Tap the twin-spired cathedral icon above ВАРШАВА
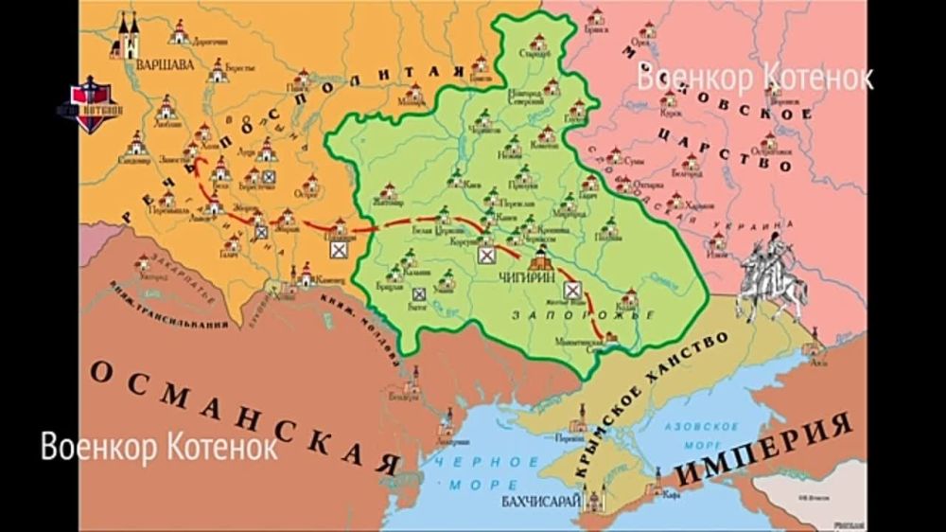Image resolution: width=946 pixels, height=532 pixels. pyautogui.click(x=127, y=36)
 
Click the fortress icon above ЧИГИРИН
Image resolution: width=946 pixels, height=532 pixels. pyautogui.click(x=541, y=260)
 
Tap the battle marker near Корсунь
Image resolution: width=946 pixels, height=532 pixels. pyautogui.click(x=486, y=255)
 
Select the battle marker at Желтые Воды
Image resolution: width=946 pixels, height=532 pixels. pyautogui.click(x=571, y=290)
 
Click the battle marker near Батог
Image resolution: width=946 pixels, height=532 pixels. pyautogui.click(x=418, y=294)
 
